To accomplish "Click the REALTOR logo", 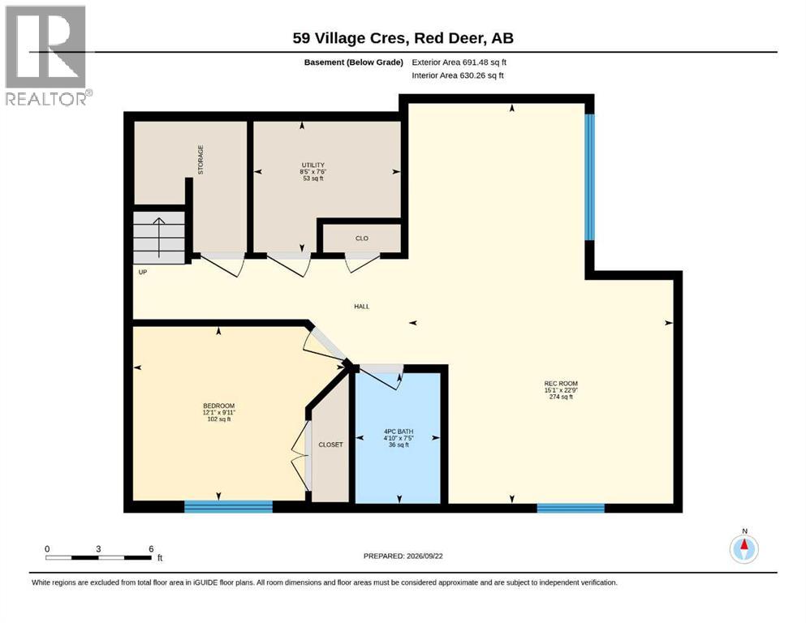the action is pyautogui.click(x=47, y=55).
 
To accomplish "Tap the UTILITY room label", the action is pyautogui.click(x=313, y=165).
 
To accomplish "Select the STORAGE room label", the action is pyautogui.click(x=200, y=160).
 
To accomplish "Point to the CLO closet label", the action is pyautogui.click(x=362, y=238).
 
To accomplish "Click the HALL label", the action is pyautogui.click(x=362, y=307).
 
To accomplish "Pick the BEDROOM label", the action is pyautogui.click(x=219, y=406).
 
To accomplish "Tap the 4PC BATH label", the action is pyautogui.click(x=399, y=432).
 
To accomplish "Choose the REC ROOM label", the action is pyautogui.click(x=561, y=383).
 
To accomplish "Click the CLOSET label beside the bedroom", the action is pyautogui.click(x=330, y=445).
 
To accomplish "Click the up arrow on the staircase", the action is pyautogui.click(x=159, y=238).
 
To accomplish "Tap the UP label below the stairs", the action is pyautogui.click(x=143, y=272).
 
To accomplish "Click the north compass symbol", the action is pyautogui.click(x=744, y=548).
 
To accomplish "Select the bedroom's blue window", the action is pyautogui.click(x=228, y=507).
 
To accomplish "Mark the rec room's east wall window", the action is pyautogui.click(x=589, y=177).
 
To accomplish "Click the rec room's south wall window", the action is pyautogui.click(x=571, y=508).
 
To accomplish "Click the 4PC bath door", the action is pyautogui.click(x=381, y=376).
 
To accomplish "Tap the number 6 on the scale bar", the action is pyautogui.click(x=151, y=548).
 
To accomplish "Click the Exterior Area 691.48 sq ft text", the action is pyautogui.click(x=459, y=62).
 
